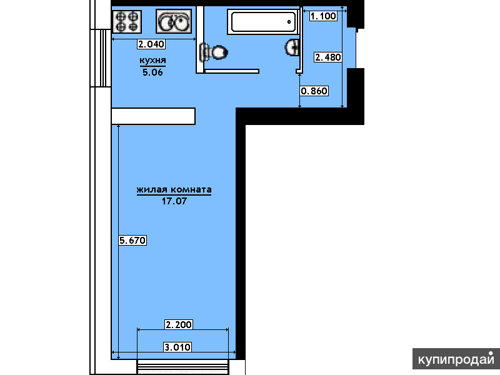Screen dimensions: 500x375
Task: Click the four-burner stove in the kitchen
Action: (x=127, y=22)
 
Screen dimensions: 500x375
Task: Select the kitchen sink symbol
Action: (x=174, y=21)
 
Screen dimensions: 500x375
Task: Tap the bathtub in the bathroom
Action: (x=263, y=22)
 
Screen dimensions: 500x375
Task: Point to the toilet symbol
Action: (x=213, y=52)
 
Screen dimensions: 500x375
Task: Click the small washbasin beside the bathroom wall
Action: (x=292, y=47)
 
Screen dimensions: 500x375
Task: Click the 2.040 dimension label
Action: (x=151, y=44)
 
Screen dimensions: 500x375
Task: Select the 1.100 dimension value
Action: (x=323, y=16)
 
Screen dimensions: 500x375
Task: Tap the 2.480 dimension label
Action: (x=328, y=57)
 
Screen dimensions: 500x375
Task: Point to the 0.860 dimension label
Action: (x=314, y=91)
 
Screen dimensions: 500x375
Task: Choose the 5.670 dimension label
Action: (x=132, y=240)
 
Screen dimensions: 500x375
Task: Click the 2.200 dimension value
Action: (x=179, y=324)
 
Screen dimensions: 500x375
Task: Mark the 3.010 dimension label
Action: (x=177, y=347)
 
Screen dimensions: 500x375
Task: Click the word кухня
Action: (x=152, y=60)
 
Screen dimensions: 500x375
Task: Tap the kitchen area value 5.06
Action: (x=152, y=72)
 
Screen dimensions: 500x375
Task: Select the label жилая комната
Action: (x=174, y=189)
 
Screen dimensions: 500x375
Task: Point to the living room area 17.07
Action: (x=174, y=201)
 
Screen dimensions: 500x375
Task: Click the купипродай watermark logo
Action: (x=456, y=359)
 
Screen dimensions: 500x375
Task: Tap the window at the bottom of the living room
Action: (x=183, y=367)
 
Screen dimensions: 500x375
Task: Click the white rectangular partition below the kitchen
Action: (x=153, y=116)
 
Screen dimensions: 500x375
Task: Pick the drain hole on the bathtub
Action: (x=289, y=22)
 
